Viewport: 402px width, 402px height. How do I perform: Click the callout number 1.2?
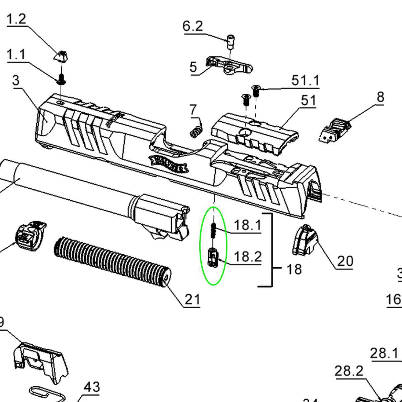pyautogui.click(x=16, y=19)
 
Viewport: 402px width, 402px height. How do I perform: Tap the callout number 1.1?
pyautogui.click(x=16, y=54)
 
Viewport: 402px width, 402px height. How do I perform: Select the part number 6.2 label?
pyautogui.click(x=193, y=26)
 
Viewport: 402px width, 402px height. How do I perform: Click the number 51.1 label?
pyautogui.click(x=305, y=81)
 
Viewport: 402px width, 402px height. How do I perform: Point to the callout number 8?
pyautogui.click(x=380, y=97)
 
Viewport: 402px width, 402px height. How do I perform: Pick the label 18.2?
pyautogui.click(x=247, y=257)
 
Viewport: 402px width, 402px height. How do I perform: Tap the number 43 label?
pyautogui.click(x=91, y=387)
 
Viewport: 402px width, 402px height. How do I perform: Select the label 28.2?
pyautogui.click(x=349, y=371)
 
